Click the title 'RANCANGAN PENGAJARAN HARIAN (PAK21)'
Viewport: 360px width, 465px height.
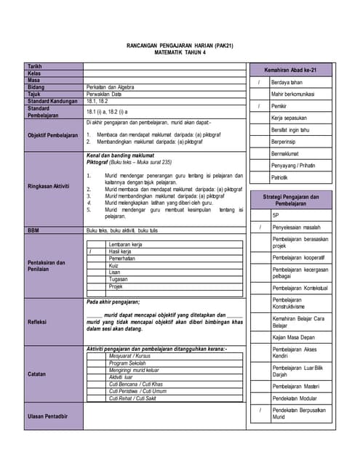click(180, 45)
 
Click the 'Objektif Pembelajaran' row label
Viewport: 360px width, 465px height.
click(52, 135)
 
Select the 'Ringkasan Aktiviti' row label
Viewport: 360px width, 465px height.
click(49, 186)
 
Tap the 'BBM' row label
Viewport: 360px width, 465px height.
click(33, 230)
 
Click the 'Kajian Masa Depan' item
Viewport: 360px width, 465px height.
click(293, 338)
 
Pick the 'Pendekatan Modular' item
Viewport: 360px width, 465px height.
click(295, 399)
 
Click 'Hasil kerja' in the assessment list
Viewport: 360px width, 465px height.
click(121, 251)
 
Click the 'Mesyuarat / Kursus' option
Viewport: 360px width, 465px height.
click(129, 357)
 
